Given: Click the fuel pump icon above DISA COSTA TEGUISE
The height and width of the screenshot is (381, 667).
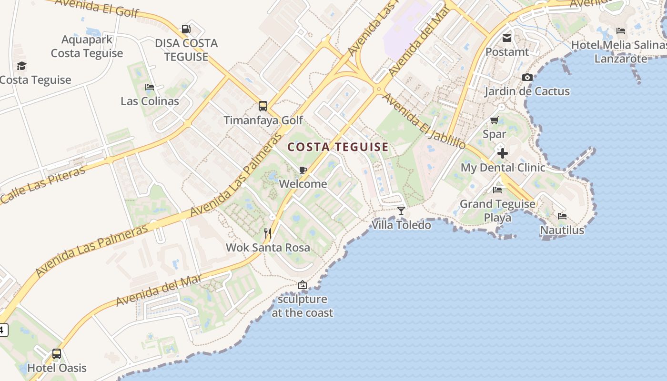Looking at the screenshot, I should click(x=186, y=29).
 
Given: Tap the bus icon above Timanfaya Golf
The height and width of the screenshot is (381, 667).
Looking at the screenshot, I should click(x=263, y=106).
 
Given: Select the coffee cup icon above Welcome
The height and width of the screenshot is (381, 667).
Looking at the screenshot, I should click(x=303, y=170).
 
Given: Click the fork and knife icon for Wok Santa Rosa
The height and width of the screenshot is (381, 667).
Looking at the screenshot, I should click(x=268, y=233).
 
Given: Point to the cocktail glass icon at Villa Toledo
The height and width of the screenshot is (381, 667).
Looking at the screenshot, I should click(x=401, y=211).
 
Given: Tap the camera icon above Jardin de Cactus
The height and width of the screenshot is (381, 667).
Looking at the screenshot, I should click(x=527, y=77).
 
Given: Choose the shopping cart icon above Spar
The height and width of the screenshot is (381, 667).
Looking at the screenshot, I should click(x=495, y=120).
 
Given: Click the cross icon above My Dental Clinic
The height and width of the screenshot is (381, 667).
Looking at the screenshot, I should click(x=502, y=153).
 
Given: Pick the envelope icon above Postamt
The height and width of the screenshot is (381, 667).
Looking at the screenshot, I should click(x=507, y=38).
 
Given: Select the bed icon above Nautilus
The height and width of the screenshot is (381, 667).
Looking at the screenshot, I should click(x=562, y=216).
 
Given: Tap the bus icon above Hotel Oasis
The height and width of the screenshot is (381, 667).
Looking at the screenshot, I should click(x=57, y=354).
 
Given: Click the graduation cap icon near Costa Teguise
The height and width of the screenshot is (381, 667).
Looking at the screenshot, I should click(x=21, y=66).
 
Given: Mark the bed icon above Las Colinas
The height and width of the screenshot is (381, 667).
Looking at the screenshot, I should click(x=149, y=87).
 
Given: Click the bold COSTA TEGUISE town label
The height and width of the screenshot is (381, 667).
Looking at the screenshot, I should click(x=338, y=147).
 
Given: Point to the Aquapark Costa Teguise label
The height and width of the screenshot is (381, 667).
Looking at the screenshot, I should click(x=87, y=46).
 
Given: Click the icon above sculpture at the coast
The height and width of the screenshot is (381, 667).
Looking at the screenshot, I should click(x=302, y=285).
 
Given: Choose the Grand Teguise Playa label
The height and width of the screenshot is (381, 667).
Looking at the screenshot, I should click(x=497, y=211).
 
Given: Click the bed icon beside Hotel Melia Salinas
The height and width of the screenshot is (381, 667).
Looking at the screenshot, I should click(x=620, y=31).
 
